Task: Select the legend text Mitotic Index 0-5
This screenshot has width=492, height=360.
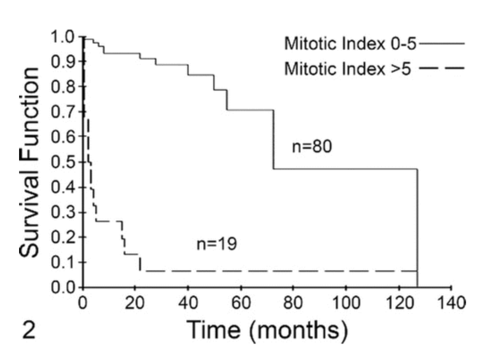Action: coord(350,44)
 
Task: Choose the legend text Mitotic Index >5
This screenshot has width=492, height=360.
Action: coord(348,68)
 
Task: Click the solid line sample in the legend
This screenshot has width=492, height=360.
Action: coord(443,44)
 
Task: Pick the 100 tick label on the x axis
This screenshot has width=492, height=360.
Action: coord(346,301)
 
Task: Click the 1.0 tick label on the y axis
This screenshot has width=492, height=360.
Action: coord(62,37)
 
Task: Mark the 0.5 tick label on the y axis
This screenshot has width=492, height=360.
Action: coord(62,162)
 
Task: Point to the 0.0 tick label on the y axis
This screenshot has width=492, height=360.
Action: coord(62,287)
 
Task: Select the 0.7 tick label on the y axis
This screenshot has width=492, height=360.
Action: coord(62,112)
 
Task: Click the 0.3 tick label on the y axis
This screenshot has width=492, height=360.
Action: coord(62,212)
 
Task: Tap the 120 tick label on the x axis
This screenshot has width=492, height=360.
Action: coord(398,301)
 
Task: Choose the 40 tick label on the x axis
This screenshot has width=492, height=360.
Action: coord(188,301)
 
